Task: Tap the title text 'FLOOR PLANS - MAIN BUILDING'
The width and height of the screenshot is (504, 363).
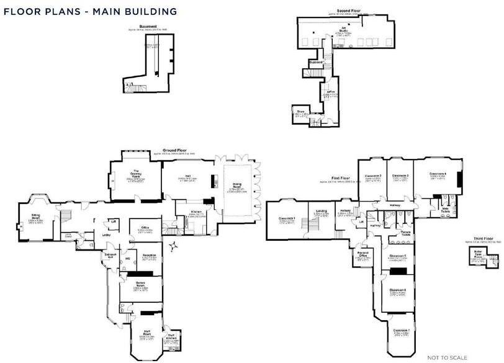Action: (90, 11)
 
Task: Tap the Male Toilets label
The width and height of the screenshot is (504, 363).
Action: (446, 210)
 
